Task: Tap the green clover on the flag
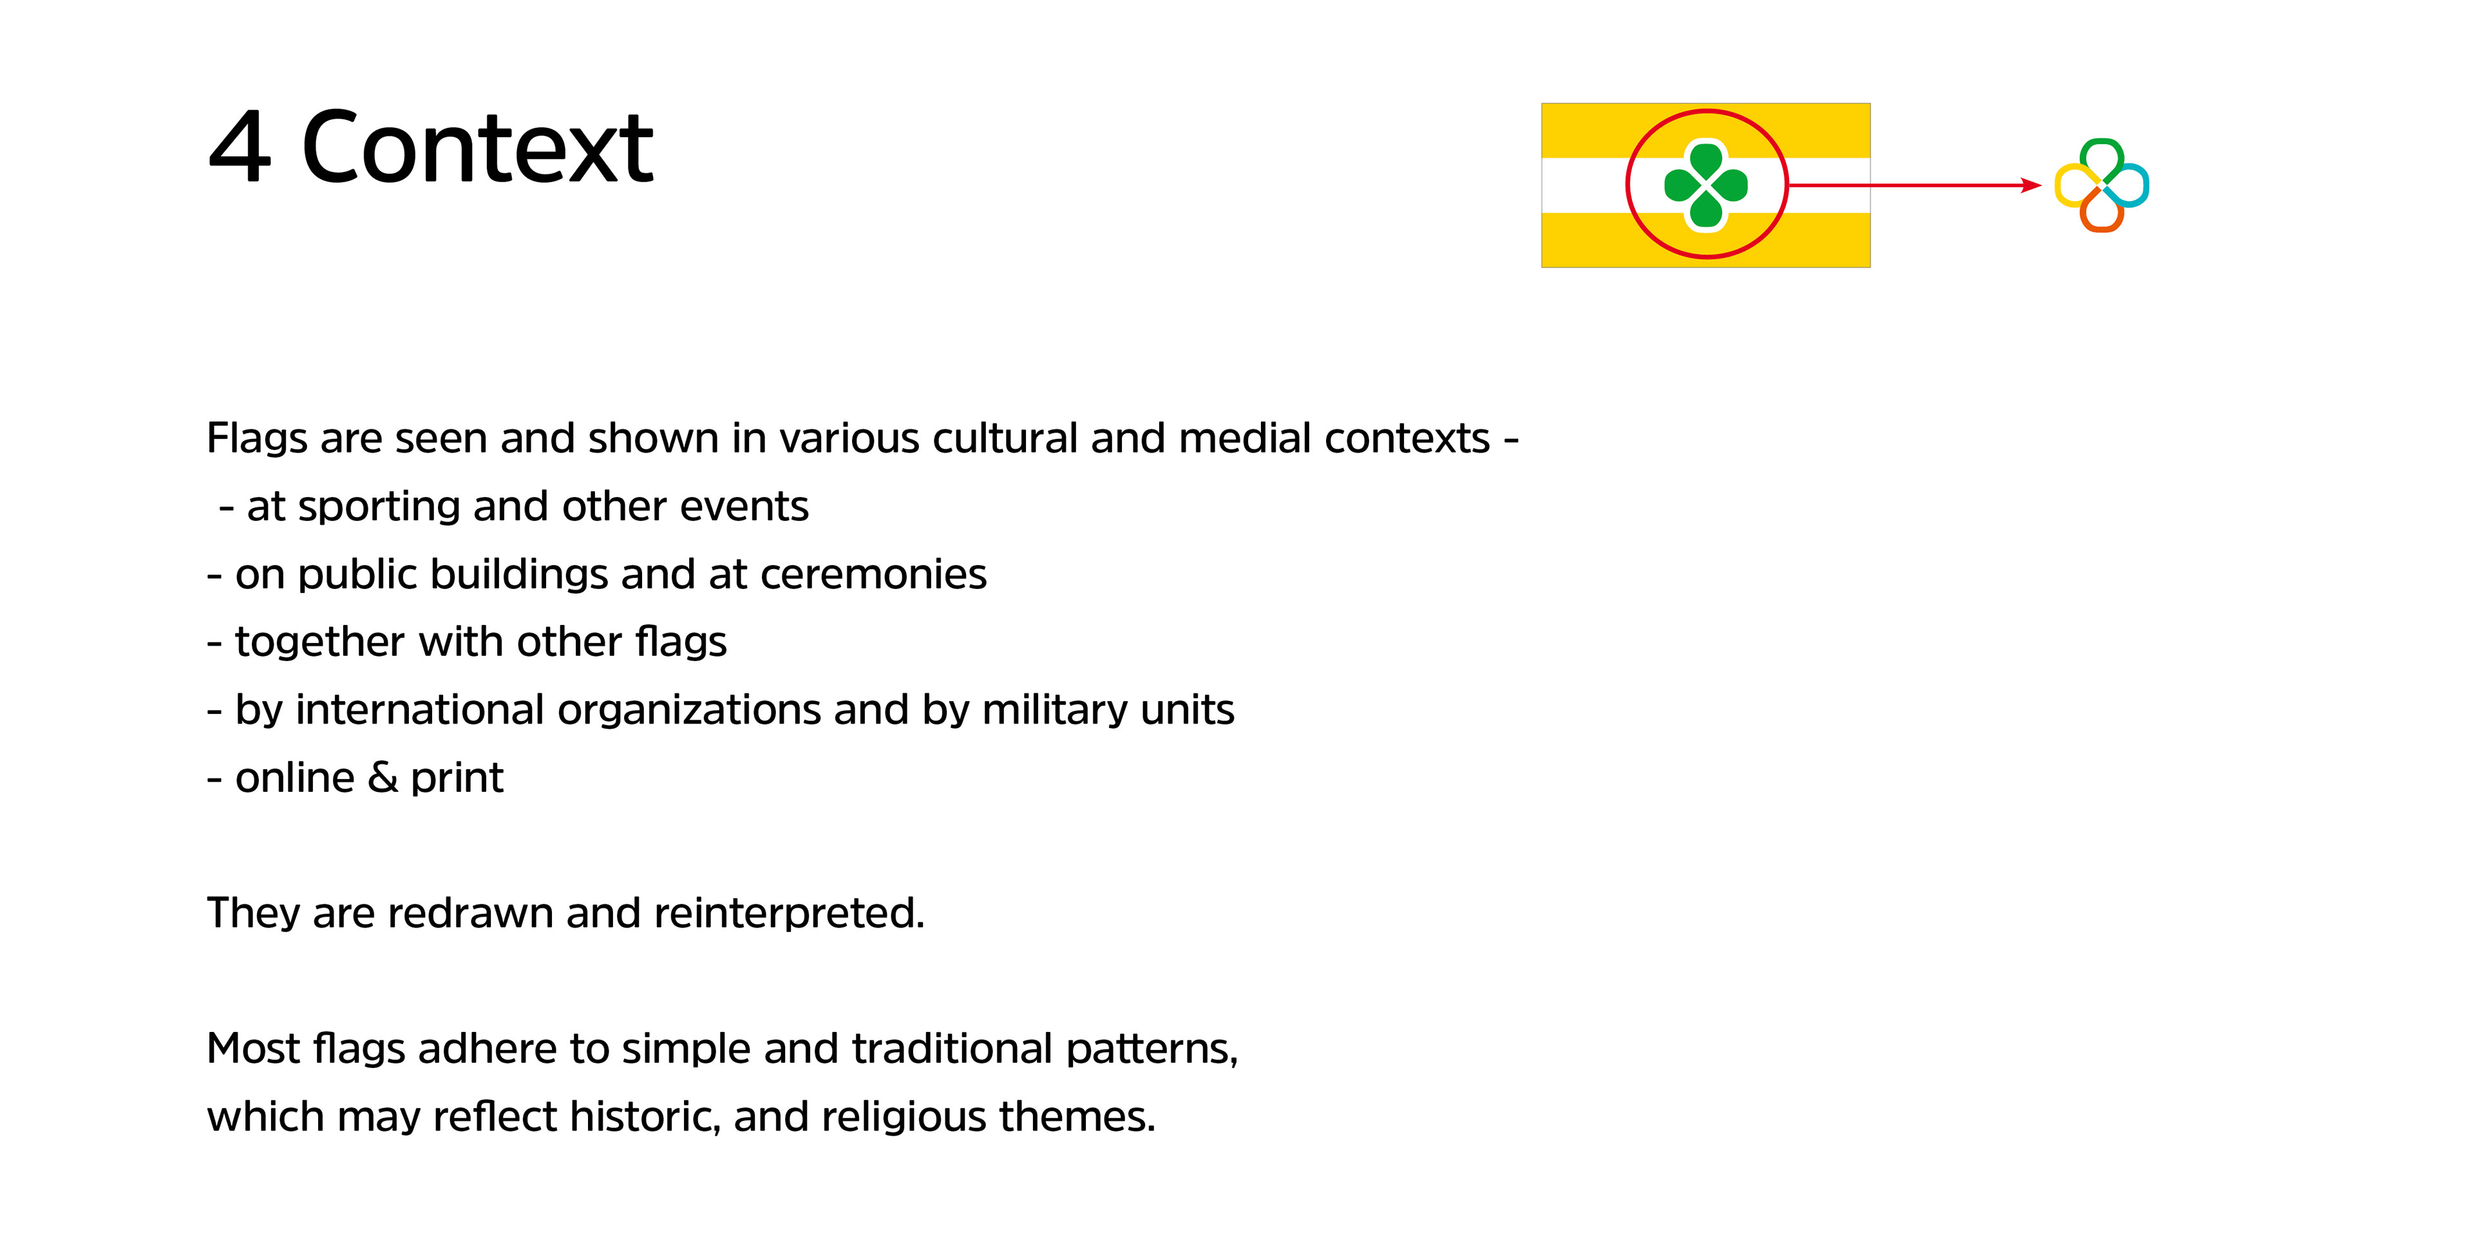[x=1706, y=185]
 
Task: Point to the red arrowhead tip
[x=2041, y=185]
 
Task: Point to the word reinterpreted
[x=789, y=913]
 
